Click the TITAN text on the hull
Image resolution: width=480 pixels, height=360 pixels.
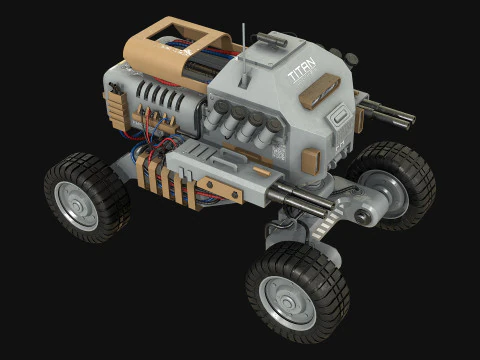click(x=300, y=73)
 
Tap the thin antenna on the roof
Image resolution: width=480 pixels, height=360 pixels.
click(x=244, y=38)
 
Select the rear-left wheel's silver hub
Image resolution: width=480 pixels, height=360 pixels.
click(x=75, y=205)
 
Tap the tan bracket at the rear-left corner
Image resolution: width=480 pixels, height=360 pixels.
click(x=112, y=103)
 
